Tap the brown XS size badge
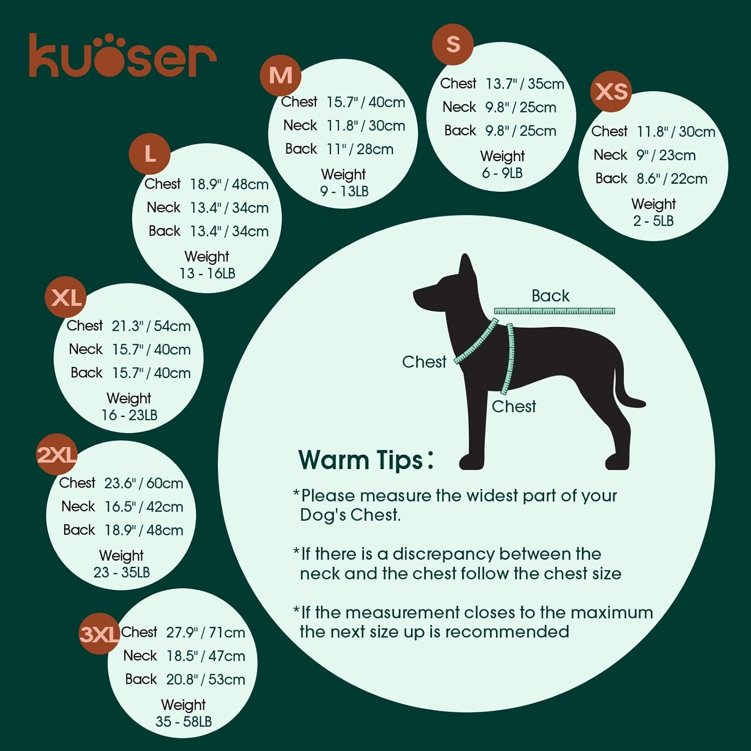pos(611,92)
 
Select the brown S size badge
pos(453,44)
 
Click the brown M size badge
pos(280,76)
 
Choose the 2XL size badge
pos(57,455)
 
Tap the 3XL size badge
pos(99,634)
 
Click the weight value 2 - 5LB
pos(653,221)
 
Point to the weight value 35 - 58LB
pos(183,721)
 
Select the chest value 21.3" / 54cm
pos(151,326)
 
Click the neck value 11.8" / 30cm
pos(365,126)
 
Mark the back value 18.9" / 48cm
pos(143,530)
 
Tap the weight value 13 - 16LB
pos(207,273)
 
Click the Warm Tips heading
pos(361,459)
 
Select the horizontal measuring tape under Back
pos(554,311)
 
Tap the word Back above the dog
pos(550,296)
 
